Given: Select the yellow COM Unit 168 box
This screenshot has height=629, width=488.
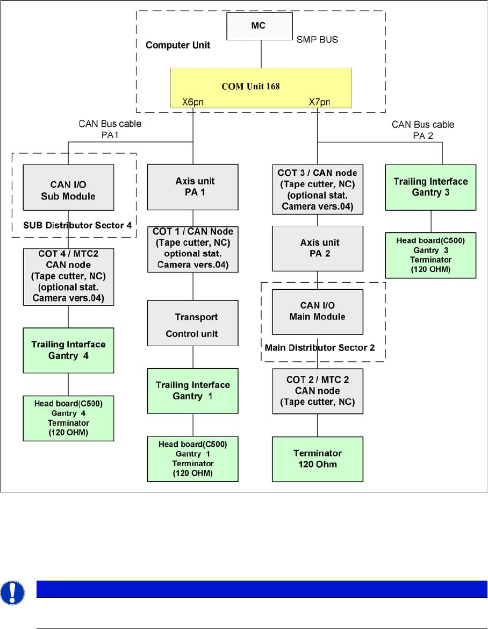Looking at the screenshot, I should (x=261, y=87).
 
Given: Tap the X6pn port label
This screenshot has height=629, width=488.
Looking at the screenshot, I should (x=192, y=101).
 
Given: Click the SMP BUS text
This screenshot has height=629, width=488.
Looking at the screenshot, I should (x=318, y=40).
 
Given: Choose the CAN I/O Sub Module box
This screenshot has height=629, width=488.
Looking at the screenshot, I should (x=68, y=187).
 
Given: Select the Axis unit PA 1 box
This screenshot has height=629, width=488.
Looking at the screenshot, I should (x=192, y=187).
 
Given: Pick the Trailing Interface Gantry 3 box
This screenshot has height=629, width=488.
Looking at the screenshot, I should (x=430, y=187).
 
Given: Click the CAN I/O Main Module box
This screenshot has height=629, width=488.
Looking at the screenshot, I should (x=317, y=311).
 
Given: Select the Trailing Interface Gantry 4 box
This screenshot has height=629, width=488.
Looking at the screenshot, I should (x=68, y=350).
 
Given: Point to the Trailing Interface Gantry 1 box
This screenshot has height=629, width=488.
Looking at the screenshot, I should (x=192, y=390).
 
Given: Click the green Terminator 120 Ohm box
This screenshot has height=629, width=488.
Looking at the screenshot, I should (x=317, y=459).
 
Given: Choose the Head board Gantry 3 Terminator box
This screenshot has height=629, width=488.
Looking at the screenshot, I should (x=430, y=255).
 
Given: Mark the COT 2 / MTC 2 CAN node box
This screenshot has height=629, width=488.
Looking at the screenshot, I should (x=317, y=391).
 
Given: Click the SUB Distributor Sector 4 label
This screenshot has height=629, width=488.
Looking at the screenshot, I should (x=77, y=225).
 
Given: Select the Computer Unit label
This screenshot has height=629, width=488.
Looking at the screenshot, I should (x=178, y=45).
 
